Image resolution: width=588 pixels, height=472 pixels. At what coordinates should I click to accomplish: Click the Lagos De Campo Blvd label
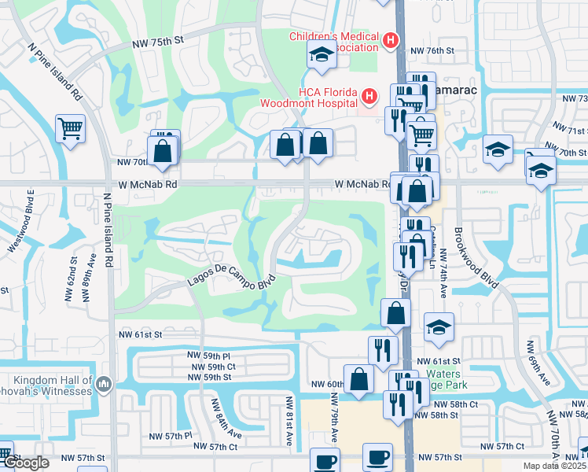(x=231, y=278)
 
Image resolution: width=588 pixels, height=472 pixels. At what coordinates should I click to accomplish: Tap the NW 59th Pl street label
(x=208, y=356)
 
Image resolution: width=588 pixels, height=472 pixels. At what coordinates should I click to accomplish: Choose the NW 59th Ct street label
(x=208, y=367)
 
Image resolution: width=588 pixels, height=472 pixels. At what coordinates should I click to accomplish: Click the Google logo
(x=25, y=463)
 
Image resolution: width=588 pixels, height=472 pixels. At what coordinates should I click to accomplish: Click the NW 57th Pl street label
(x=171, y=435)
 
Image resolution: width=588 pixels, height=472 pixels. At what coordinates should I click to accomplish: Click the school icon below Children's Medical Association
(x=322, y=54)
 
